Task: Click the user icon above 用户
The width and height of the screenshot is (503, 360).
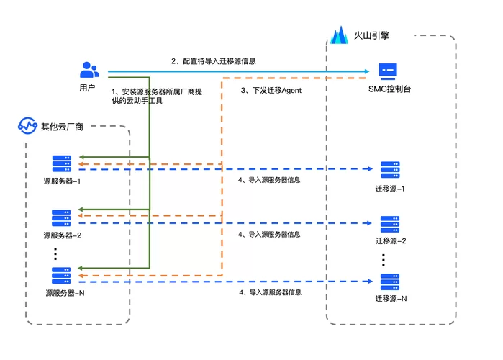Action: (x=89, y=70)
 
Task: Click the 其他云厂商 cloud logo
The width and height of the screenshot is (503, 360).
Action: (x=27, y=127)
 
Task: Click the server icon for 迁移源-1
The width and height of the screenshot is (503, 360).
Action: (x=391, y=170)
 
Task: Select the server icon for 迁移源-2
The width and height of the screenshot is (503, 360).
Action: (x=391, y=224)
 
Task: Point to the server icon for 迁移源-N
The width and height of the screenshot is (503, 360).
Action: (x=391, y=282)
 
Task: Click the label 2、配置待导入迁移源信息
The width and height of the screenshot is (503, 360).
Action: (x=213, y=61)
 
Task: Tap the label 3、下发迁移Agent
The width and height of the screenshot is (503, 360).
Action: (x=271, y=91)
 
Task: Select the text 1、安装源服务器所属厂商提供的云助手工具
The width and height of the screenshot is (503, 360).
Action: (x=157, y=96)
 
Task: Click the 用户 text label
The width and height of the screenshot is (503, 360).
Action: (x=88, y=88)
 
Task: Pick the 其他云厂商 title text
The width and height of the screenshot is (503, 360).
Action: (x=62, y=127)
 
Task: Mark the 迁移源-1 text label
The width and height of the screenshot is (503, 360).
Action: (x=391, y=189)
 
